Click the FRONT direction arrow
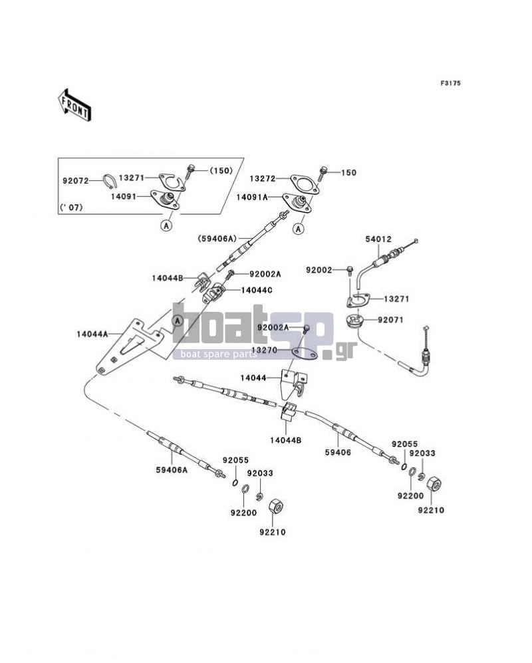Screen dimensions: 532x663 pyautogui.click(x=74, y=106)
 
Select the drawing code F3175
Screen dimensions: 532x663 pyautogui.click(x=450, y=83)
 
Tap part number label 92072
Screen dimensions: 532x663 pyautogui.click(x=76, y=181)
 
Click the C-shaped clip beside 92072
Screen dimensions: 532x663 pyautogui.click(x=110, y=181)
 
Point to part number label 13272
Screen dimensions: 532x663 pyautogui.click(x=262, y=179)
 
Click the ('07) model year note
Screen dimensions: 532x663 pyautogui.click(x=71, y=207)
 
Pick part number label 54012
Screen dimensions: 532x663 pyautogui.click(x=378, y=239)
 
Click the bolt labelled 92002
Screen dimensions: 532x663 pyautogui.click(x=350, y=270)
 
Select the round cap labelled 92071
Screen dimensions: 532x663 pyautogui.click(x=357, y=321)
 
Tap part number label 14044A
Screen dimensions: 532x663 pyautogui.click(x=92, y=334)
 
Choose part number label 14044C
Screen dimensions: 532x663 pyautogui.click(x=257, y=291)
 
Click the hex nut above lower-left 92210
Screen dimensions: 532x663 pyautogui.click(x=276, y=507)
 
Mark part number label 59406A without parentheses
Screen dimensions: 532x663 pyautogui.click(x=172, y=469)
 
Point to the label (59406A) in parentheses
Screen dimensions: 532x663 pyautogui.click(x=217, y=239)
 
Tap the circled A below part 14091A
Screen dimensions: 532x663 pyautogui.click(x=299, y=229)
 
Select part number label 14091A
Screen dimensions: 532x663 pyautogui.click(x=252, y=197)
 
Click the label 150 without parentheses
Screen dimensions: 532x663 pyautogui.click(x=348, y=172)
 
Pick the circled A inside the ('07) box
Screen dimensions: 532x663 pyautogui.click(x=167, y=226)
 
